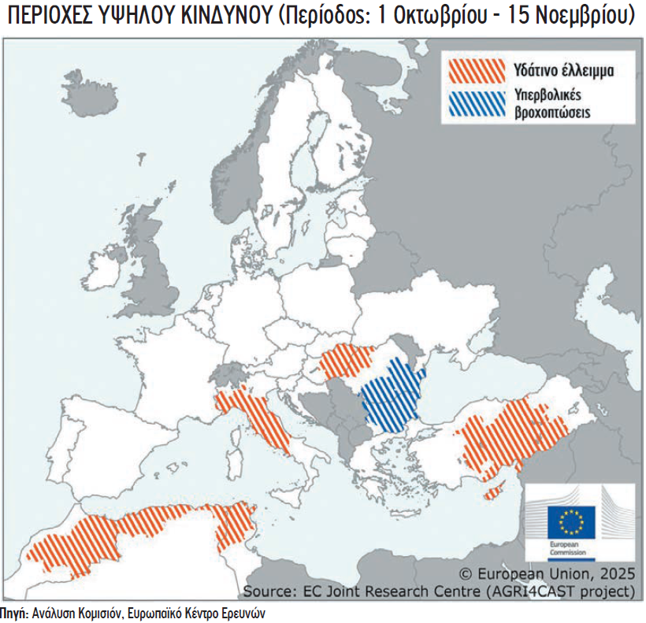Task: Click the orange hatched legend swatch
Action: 476,70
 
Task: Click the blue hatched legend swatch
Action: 476,105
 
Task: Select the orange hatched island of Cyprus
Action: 495,493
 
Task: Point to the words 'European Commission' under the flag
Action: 564,549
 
